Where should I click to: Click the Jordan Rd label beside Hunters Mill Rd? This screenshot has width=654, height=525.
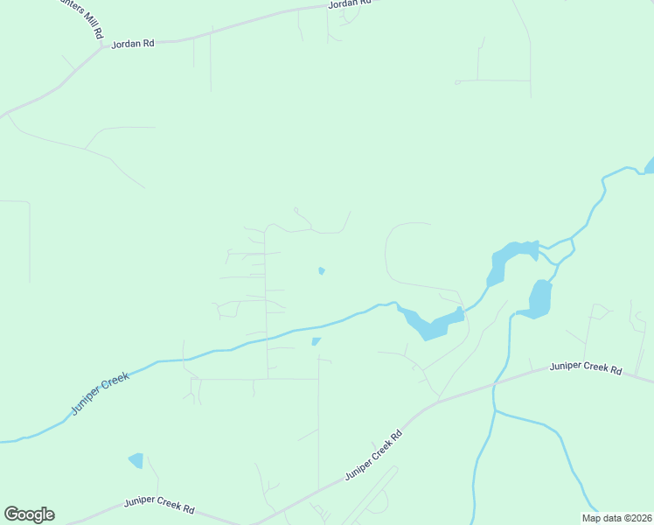132,43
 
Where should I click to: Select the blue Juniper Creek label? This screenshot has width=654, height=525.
100,393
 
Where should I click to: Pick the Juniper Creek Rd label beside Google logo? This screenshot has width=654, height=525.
158,507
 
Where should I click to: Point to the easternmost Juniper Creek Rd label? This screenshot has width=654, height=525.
585,368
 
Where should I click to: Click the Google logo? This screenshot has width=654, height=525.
29,514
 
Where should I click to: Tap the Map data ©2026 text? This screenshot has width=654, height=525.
616,518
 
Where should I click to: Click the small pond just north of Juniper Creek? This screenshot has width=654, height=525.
322,270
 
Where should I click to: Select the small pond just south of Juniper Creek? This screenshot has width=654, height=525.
316,341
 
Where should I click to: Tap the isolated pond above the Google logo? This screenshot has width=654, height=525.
136,459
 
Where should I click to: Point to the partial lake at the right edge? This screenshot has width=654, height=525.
650,165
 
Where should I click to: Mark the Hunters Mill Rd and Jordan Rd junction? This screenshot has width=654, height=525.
103,46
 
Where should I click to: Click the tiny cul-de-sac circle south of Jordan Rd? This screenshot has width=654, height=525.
457,82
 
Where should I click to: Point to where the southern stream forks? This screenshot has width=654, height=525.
494,409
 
